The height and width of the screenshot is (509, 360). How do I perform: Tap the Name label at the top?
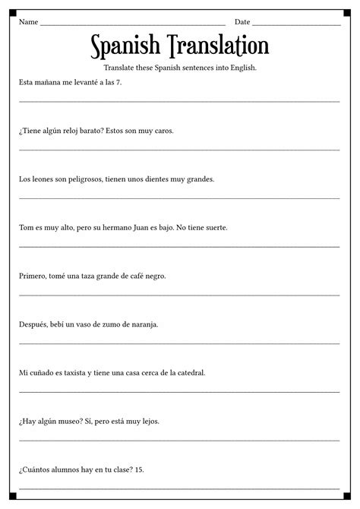[x=28, y=22]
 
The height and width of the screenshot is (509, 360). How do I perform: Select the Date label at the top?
[x=242, y=22]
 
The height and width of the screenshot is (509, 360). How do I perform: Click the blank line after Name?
[x=133, y=24]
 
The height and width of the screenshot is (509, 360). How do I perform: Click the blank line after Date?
[x=296, y=24]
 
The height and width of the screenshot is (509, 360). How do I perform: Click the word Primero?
[x=33, y=276]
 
